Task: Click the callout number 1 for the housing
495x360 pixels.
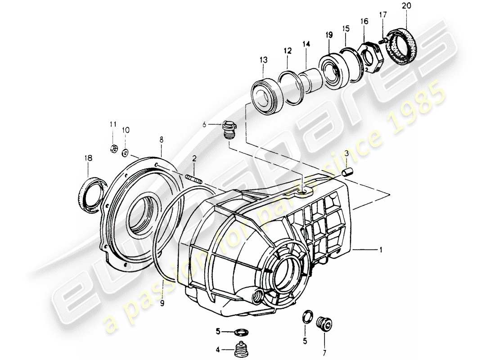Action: [381, 249]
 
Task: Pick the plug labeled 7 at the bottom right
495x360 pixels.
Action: [323, 324]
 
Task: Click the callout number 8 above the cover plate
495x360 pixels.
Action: [162, 140]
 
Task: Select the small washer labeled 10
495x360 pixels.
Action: [125, 152]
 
